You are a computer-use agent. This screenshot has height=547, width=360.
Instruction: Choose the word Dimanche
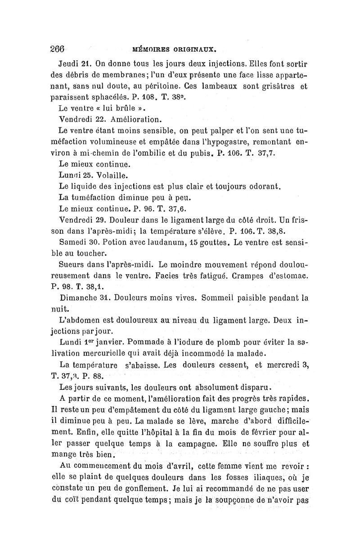tap(79, 298)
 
